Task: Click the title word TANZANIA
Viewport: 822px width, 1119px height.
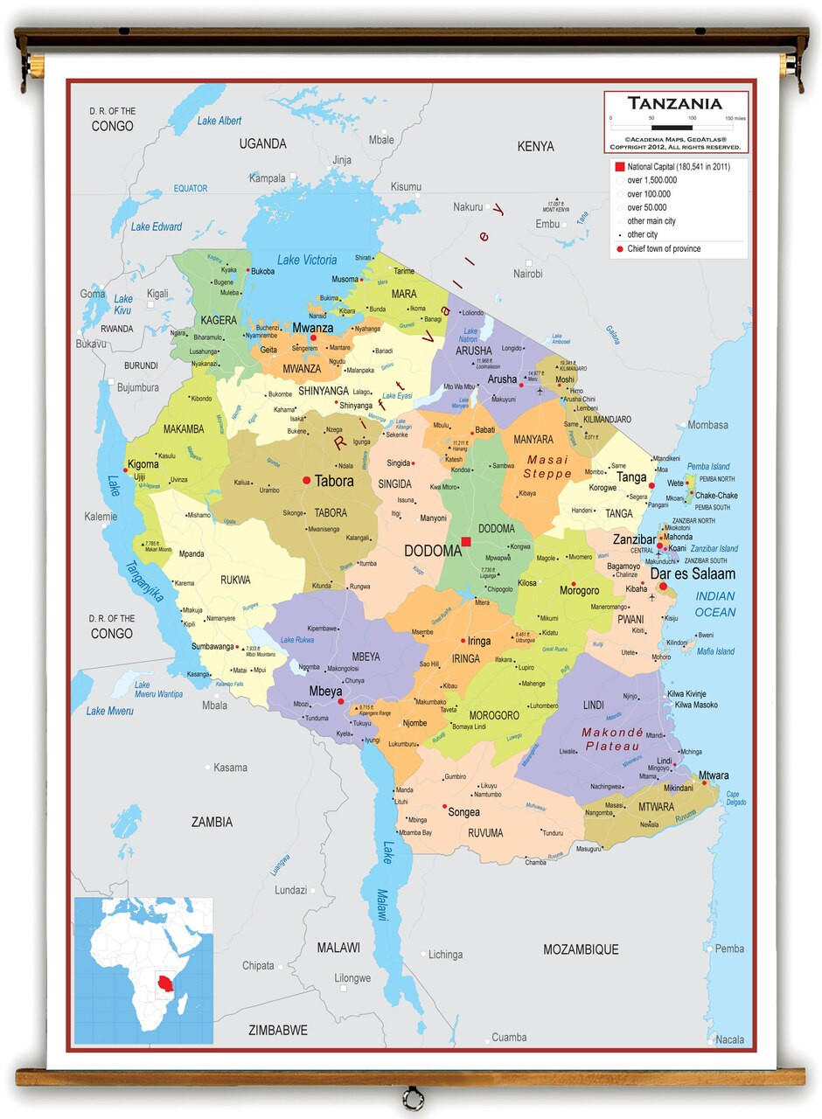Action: [674, 103]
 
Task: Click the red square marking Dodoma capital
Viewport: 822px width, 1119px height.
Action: [466, 542]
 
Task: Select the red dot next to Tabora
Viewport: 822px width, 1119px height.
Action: [306, 480]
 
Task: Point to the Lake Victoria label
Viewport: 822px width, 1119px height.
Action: [307, 260]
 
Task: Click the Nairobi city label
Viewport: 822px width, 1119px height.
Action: [527, 274]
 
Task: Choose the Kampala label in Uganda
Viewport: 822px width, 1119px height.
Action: [268, 178]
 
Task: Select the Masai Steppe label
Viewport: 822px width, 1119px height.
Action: [547, 467]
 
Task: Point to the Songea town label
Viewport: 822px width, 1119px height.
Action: [463, 812]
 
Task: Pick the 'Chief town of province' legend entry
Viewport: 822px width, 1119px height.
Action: [664, 249]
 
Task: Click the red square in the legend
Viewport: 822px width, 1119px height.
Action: [619, 167]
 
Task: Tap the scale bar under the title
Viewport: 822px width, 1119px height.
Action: [672, 128]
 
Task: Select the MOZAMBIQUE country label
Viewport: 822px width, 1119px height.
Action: [581, 949]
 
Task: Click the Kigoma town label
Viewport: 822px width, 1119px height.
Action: [143, 464]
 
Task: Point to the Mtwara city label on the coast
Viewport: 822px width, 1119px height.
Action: [713, 775]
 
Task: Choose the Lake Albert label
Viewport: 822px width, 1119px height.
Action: [219, 121]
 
